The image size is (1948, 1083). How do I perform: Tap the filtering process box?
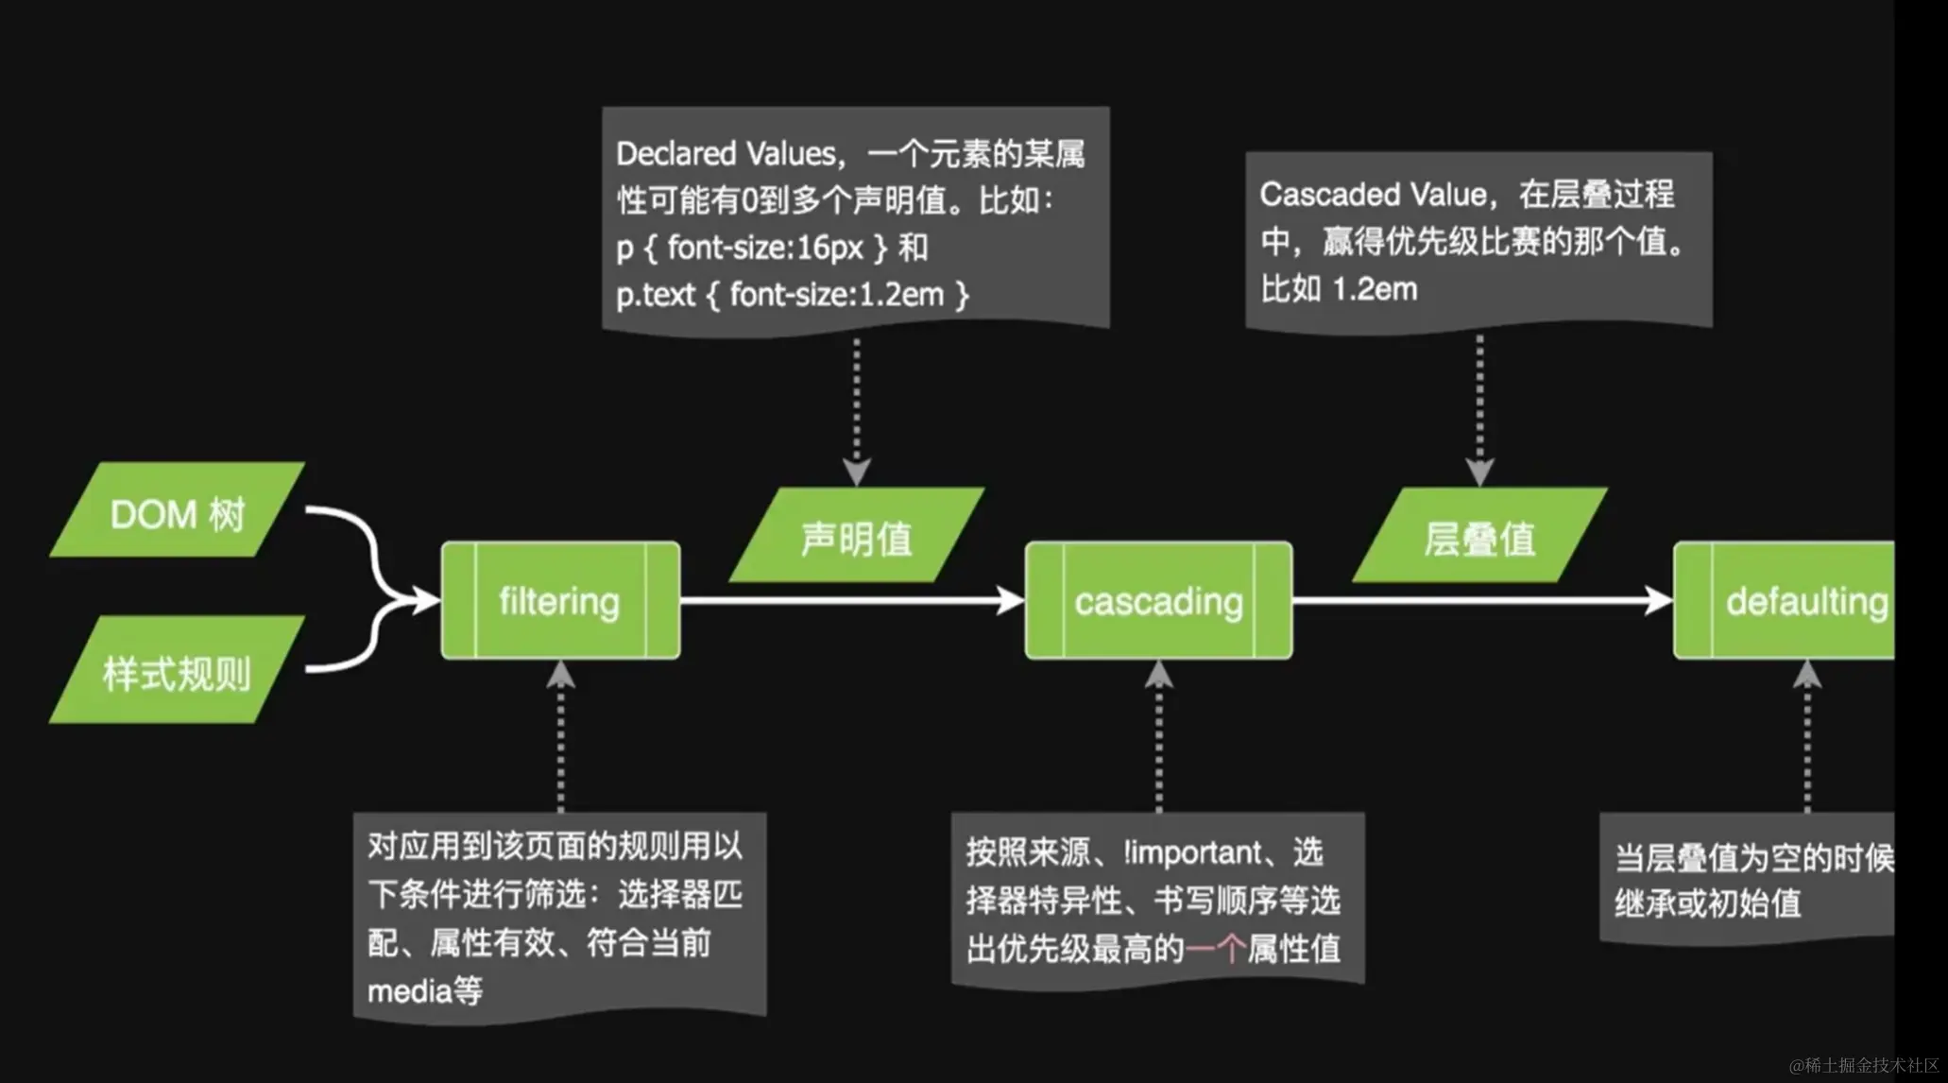560,601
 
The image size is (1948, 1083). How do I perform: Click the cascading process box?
1158,601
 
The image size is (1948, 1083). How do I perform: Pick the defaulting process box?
1795,601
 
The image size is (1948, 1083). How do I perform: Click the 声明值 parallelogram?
857,537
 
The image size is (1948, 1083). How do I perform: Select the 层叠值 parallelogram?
1479,537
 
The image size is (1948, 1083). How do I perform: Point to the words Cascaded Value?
1373,195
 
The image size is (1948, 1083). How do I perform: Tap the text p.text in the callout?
656,295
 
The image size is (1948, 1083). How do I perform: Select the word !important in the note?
1192,852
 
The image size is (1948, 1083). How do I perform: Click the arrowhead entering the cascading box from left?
1012,600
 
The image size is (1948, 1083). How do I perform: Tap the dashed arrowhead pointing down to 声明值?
856,472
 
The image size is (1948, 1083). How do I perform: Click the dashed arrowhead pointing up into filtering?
561,674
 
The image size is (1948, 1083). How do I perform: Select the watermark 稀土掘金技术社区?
1871,1065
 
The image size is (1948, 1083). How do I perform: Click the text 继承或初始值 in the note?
1708,903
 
